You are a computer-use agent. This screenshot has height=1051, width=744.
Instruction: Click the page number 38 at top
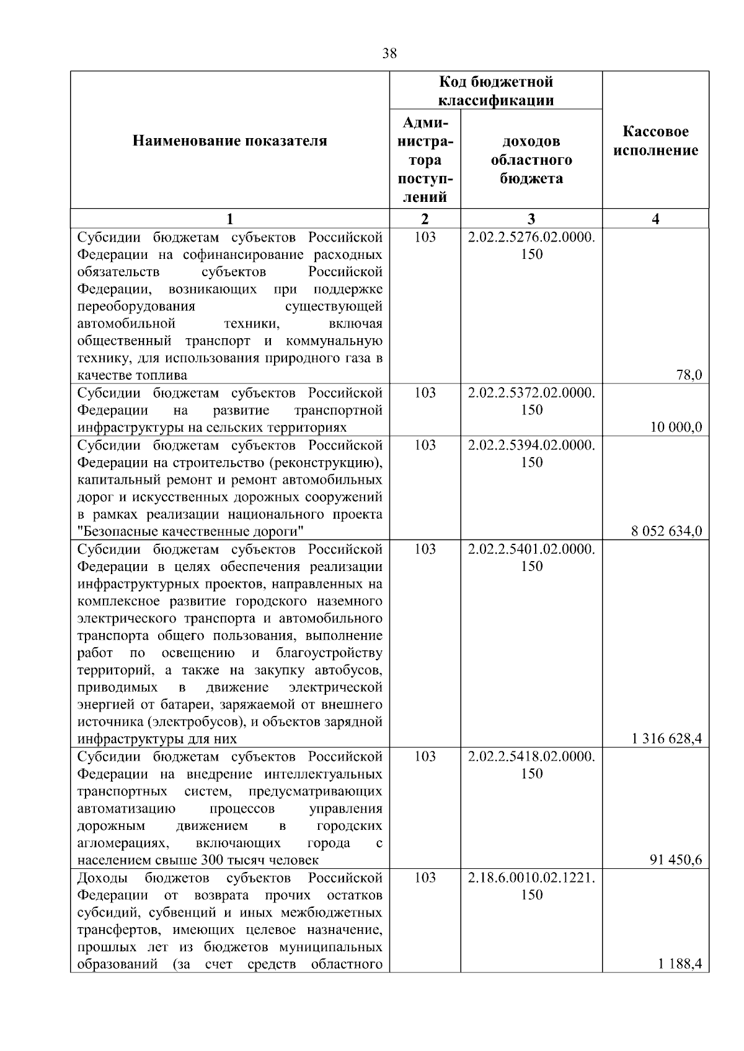tap(389, 53)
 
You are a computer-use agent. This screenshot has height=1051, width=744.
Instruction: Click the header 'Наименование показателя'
tap(229, 141)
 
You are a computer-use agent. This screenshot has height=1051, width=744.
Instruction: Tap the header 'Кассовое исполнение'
tap(655, 141)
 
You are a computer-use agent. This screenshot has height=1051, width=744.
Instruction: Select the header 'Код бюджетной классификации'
tap(495, 91)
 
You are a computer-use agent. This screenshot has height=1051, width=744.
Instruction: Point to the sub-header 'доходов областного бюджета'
tap(531, 160)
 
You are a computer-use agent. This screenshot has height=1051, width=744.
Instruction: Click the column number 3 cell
tap(531, 219)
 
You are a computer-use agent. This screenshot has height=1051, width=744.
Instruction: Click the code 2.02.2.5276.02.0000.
tap(531, 237)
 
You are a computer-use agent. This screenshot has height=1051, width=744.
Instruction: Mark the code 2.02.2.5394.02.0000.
tap(531, 445)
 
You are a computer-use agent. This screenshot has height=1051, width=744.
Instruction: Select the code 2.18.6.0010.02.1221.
tap(531, 878)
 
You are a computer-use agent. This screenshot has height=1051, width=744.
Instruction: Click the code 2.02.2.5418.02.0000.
tap(531, 757)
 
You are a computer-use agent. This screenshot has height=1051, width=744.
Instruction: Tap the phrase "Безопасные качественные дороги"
tap(191, 531)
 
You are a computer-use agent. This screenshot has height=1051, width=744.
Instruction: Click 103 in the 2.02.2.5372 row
tap(425, 393)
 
